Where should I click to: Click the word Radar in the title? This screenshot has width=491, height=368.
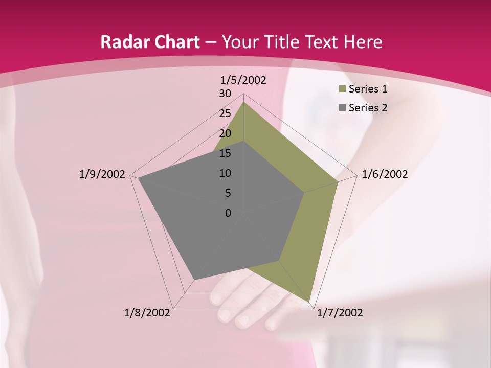click(123, 42)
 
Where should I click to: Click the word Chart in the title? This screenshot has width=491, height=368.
click(174, 42)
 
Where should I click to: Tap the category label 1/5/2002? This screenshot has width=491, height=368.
click(243, 80)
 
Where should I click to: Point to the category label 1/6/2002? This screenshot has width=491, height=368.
click(385, 174)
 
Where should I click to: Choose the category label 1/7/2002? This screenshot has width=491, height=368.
click(340, 313)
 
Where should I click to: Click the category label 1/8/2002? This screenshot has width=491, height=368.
click(147, 313)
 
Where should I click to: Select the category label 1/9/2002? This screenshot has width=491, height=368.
click(102, 174)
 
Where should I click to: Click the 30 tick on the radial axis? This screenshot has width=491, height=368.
click(225, 94)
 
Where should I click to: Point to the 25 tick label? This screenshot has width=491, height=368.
click(225, 113)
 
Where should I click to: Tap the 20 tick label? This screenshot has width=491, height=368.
click(225, 133)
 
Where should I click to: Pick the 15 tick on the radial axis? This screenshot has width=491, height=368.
click(225, 153)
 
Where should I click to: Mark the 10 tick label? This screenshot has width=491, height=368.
click(225, 173)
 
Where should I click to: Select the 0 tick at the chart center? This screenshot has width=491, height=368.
click(228, 213)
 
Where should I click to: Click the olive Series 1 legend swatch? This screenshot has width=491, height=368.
click(342, 89)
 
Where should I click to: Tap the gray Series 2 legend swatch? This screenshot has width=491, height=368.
click(342, 108)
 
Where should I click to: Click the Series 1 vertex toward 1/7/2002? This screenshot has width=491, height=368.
click(309, 301)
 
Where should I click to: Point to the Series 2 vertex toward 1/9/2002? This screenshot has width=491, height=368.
click(138, 178)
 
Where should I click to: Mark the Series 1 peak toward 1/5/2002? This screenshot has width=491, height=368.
click(243, 102)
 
